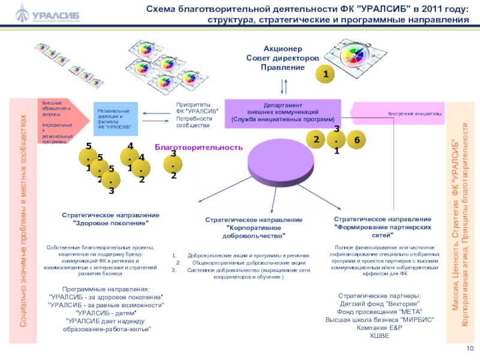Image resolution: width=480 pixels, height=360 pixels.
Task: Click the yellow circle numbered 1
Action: coord(325,74)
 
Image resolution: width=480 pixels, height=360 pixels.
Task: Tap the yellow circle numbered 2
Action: coord(315,140)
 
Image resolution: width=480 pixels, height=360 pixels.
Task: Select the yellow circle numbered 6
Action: coord(356,140)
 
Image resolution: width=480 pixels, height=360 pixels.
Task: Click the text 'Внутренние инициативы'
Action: coord(415,113)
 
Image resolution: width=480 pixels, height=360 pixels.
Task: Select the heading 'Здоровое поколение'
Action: coord(110,218)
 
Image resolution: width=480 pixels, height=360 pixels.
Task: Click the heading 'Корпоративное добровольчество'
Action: coord(254,228)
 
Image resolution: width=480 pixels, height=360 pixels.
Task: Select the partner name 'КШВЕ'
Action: coord(379,335)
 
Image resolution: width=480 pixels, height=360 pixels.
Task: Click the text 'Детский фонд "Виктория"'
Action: coord(379,304)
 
